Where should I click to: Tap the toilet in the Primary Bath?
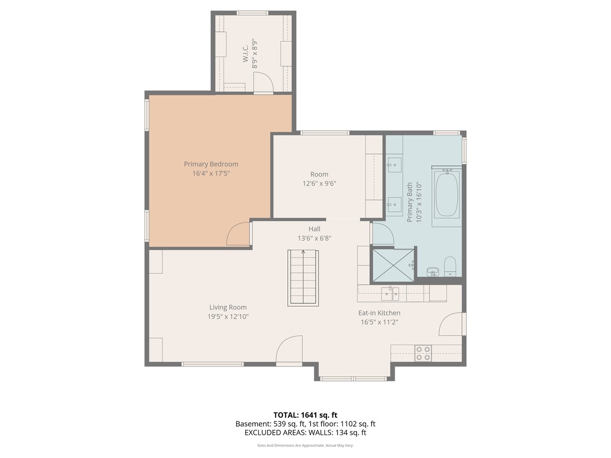pyautogui.click(x=450, y=266)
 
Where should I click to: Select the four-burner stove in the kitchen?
pyautogui.click(x=423, y=353)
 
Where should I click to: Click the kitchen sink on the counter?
pyautogui.click(x=390, y=294)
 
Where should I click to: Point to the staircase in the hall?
pyautogui.click(x=303, y=278)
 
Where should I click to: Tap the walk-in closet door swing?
pyautogui.click(x=263, y=82)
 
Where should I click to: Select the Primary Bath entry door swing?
pyautogui.click(x=383, y=234)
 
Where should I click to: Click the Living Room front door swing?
pyautogui.click(x=289, y=349)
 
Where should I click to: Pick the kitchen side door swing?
pyautogui.click(x=451, y=324)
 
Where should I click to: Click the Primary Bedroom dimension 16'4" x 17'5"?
pyautogui.click(x=211, y=174)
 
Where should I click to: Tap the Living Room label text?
pyautogui.click(x=228, y=307)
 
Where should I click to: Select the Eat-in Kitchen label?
pyautogui.click(x=379, y=313)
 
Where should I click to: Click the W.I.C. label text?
pyautogui.click(x=245, y=53)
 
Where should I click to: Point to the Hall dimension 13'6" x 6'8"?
pyautogui.click(x=314, y=238)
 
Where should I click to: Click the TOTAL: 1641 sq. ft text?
pyautogui.click(x=305, y=415)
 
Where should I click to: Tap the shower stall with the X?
pyautogui.click(x=393, y=265)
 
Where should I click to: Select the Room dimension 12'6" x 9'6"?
pyautogui.click(x=319, y=184)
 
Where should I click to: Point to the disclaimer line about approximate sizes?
pyautogui.click(x=305, y=445)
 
